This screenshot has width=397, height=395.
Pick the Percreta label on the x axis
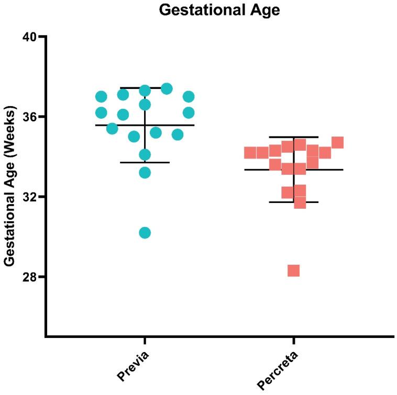(279, 371)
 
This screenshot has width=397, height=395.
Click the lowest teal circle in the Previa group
(145, 233)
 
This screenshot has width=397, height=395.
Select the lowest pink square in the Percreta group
(293, 270)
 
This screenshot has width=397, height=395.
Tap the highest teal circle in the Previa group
(167, 89)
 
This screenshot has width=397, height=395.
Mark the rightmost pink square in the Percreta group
(337, 142)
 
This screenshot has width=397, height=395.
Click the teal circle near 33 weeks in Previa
(145, 173)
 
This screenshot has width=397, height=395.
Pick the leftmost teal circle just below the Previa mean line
(112, 129)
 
